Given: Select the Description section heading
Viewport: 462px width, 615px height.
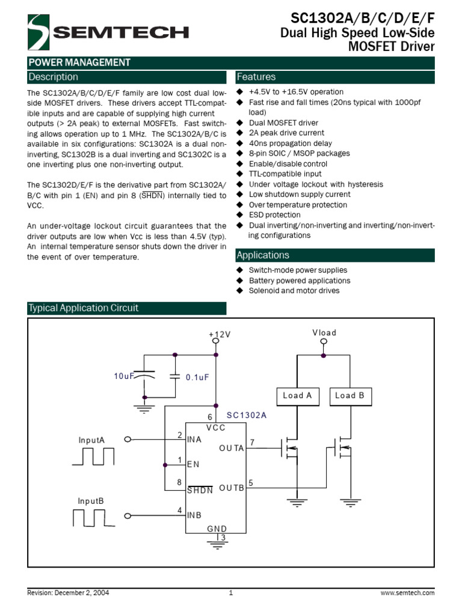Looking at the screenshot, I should click(x=54, y=77).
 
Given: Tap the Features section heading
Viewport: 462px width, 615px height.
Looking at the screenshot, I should click(x=256, y=77).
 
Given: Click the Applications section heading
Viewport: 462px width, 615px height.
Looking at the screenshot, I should click(x=263, y=255).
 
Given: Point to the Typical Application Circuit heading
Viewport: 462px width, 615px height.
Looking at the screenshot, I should click(x=84, y=308).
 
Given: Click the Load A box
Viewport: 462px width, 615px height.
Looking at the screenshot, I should click(x=298, y=395).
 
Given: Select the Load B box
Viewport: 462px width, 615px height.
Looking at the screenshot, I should click(x=350, y=395).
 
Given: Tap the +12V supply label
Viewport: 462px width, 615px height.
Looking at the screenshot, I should click(x=220, y=334).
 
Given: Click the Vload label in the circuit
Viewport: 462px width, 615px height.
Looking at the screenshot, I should click(x=324, y=333).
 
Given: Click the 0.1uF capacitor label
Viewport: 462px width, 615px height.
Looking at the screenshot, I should click(x=197, y=377).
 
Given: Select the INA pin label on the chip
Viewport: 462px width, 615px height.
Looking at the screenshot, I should click(x=194, y=440).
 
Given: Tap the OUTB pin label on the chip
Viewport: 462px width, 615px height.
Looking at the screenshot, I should click(x=232, y=488).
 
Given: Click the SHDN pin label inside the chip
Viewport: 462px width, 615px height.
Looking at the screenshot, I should click(x=200, y=489).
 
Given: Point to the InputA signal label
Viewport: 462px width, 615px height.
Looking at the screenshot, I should click(x=91, y=440).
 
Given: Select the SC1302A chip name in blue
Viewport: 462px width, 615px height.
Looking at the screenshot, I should click(x=246, y=415).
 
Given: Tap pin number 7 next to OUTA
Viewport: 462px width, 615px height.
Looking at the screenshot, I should click(x=252, y=443).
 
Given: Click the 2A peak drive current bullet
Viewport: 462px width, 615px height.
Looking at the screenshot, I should click(x=286, y=133).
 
